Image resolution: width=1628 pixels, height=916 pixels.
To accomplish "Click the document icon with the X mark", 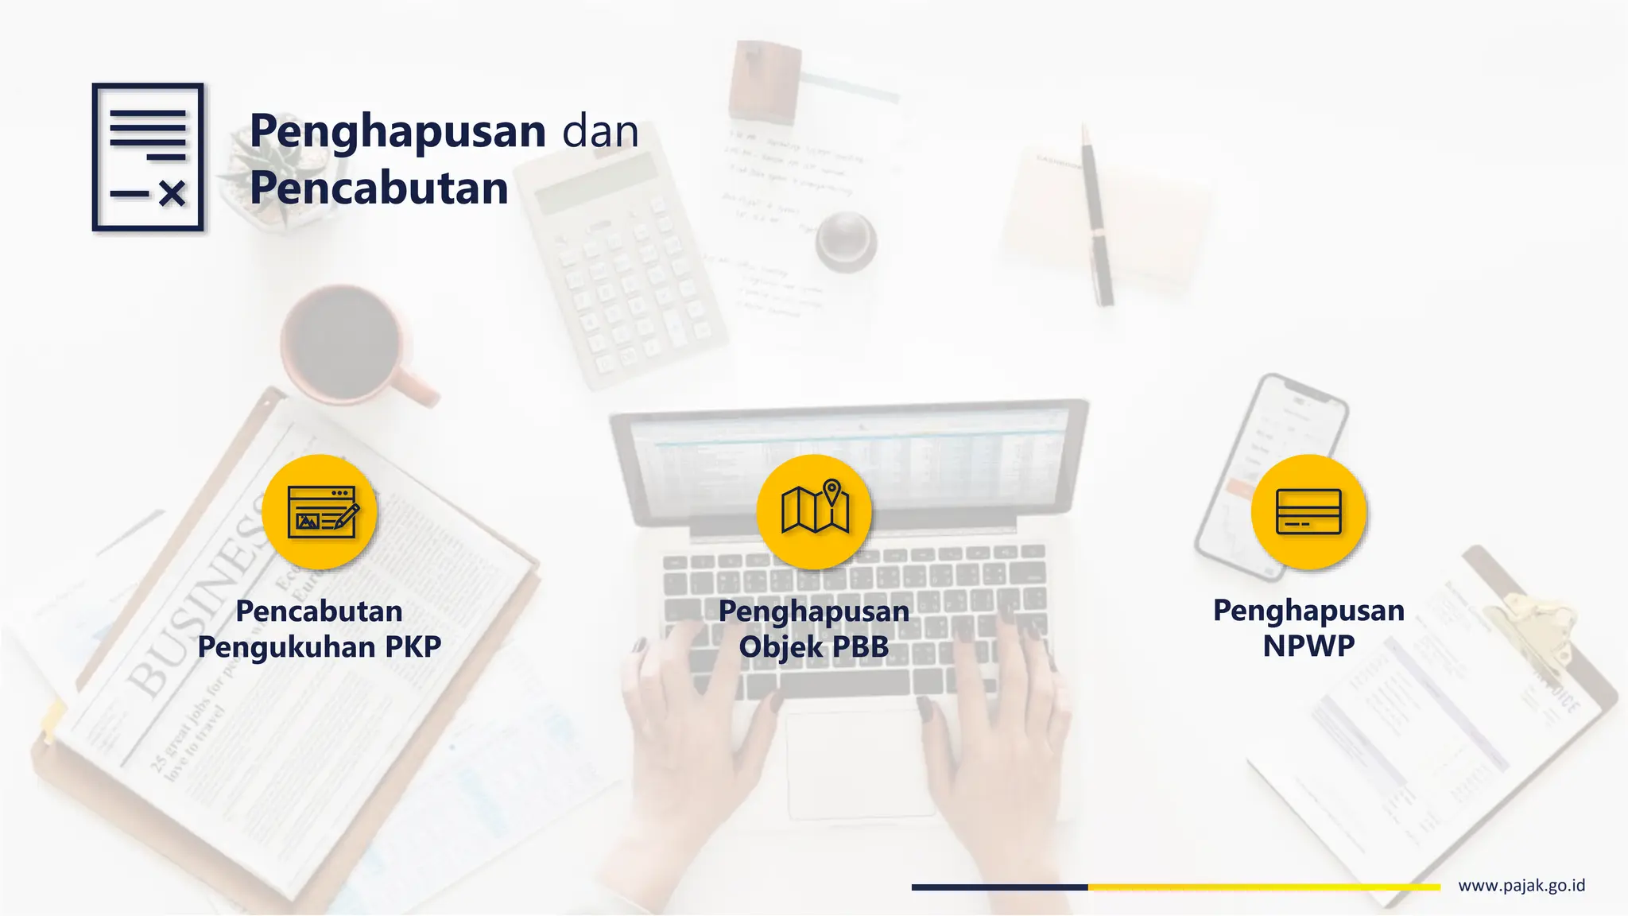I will click(x=148, y=157).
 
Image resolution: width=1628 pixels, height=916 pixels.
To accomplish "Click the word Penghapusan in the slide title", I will click(x=398, y=131).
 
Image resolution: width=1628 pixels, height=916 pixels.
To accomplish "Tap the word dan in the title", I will click(x=600, y=131).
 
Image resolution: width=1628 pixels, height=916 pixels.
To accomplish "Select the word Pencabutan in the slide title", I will click(x=379, y=188).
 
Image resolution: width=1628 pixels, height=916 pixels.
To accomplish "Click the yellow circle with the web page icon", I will click(x=320, y=511).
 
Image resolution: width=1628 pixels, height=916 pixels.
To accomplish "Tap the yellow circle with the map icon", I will click(x=814, y=511).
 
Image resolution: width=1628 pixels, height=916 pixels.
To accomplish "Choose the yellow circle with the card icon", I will click(x=1308, y=511).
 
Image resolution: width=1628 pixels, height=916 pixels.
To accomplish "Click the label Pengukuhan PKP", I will click(x=320, y=647).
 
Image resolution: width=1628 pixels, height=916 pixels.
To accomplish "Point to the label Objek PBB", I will click(x=814, y=646).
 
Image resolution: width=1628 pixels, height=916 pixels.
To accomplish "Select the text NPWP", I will click(x=1308, y=646).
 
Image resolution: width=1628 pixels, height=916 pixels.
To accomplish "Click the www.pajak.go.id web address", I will click(x=1521, y=886).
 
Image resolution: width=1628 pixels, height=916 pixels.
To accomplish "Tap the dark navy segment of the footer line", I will click(x=999, y=887).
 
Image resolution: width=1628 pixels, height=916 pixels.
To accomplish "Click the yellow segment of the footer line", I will click(x=1264, y=887).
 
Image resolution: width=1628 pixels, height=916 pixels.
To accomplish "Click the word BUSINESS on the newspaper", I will click(x=199, y=604).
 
